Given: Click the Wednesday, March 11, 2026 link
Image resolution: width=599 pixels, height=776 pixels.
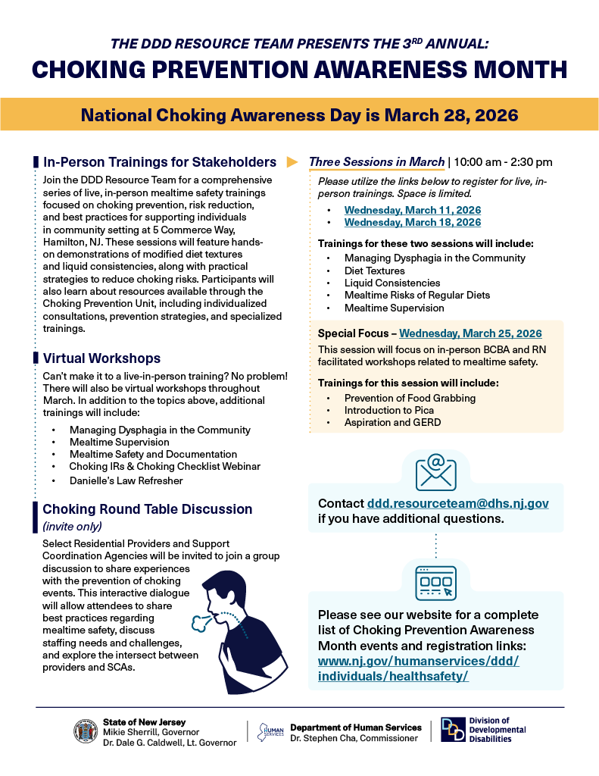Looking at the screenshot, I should (412, 210).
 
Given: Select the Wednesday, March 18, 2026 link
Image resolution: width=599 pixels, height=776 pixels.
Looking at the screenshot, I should (412, 222).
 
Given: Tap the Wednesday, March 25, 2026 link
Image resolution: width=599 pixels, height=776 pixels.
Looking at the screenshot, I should (470, 333).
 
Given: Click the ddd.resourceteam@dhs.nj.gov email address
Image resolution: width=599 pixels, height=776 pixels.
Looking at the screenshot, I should (457, 503).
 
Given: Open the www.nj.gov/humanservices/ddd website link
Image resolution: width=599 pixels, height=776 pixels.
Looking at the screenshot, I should (418, 668).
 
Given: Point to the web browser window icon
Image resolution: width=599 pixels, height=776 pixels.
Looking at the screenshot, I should (435, 582).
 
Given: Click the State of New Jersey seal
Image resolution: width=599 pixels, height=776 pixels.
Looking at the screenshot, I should (85, 731).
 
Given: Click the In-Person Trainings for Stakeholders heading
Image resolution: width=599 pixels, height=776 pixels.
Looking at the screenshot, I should (159, 161).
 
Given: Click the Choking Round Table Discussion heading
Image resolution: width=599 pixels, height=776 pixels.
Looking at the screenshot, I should (147, 509).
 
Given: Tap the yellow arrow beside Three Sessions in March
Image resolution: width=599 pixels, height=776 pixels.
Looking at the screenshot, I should (292, 162).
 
